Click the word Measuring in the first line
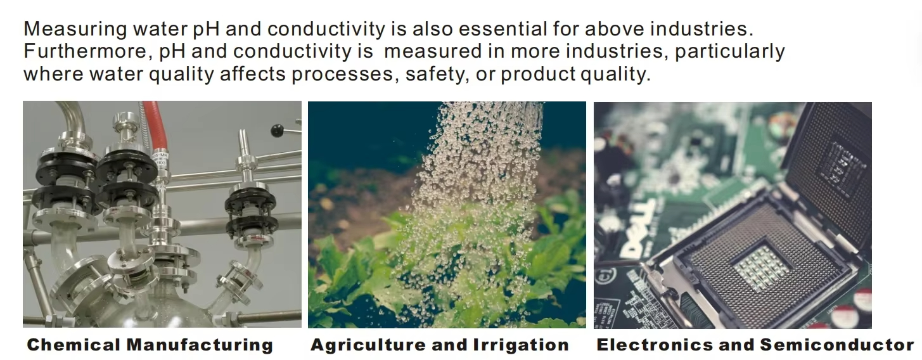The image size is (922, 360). coord(75,29)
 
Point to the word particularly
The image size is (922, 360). coord(730,52)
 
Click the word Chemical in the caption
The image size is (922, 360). coord(74,345)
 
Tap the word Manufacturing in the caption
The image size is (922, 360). coord(200,345)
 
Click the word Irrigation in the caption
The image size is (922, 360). coord(521,345)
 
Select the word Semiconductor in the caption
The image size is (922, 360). coord(837,345)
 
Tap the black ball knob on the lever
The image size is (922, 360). coord(278,131)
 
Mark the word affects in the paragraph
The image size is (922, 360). coord(252,74)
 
